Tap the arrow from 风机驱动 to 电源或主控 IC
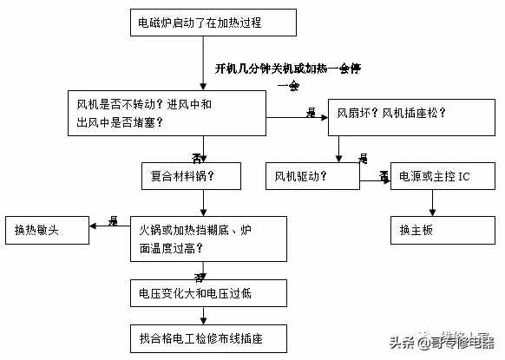pyautogui.click(x=375, y=177)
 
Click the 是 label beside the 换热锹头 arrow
pyautogui.click(x=113, y=221)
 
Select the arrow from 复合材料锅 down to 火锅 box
pyautogui.click(x=203, y=203)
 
